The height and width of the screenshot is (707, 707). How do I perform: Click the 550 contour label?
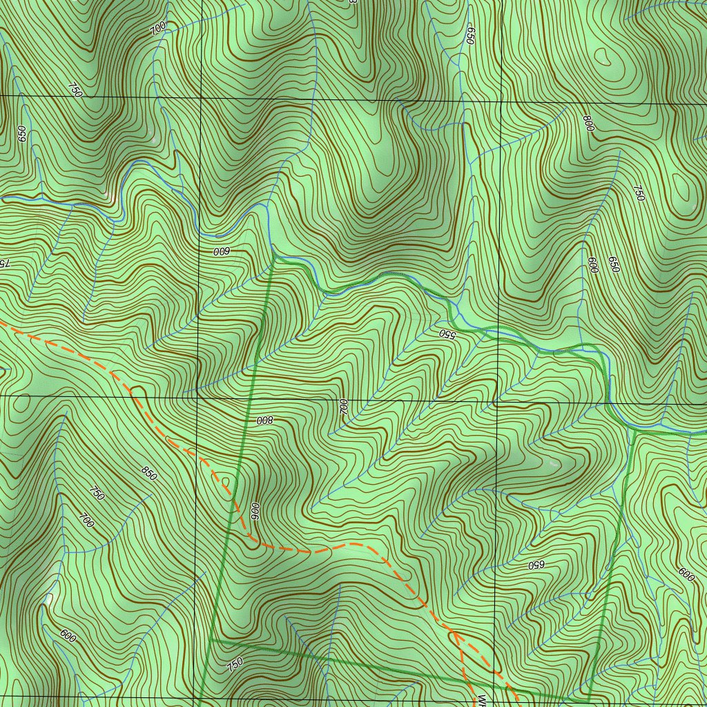pos(447,334)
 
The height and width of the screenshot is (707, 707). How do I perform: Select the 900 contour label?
pos(254,512)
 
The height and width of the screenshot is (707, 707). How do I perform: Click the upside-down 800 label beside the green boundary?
pos(266,420)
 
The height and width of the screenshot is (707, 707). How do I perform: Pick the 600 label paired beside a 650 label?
pos(592,265)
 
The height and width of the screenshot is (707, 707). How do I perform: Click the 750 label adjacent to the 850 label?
pos(97,493)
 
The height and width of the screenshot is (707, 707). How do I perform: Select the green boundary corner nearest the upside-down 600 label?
pos(274,256)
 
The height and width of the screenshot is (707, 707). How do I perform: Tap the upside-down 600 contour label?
pos(221,251)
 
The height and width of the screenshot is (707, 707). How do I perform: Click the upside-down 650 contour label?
pos(536,564)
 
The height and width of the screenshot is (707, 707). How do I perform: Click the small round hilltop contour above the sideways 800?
pos(604,57)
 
